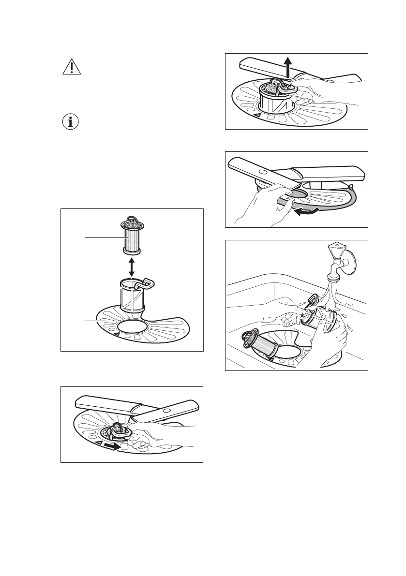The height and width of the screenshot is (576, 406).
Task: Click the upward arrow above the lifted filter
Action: [x=288, y=66]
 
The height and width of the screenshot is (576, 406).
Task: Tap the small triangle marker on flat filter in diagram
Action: [x=116, y=333]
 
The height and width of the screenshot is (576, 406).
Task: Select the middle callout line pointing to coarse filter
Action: [x=102, y=288]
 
